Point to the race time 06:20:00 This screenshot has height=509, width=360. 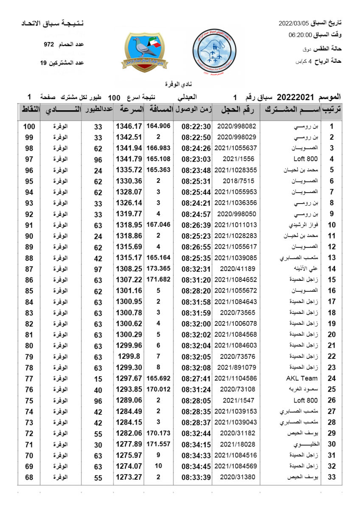click(x=300, y=35)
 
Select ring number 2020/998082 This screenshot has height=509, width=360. click(x=236, y=126)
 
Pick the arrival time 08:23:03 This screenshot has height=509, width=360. click(x=196, y=159)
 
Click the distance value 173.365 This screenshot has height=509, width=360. click(x=158, y=268)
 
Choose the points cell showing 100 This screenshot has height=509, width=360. click(x=29, y=126)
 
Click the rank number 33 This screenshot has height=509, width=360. click(x=332, y=477)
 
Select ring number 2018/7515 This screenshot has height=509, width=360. click(x=236, y=181)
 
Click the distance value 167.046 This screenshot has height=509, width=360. click(x=158, y=225)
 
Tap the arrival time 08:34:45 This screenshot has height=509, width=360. click(x=196, y=466)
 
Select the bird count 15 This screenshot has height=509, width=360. click(x=98, y=378)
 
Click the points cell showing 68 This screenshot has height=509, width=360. click(x=29, y=477)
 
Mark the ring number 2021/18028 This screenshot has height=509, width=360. click(x=236, y=444)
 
